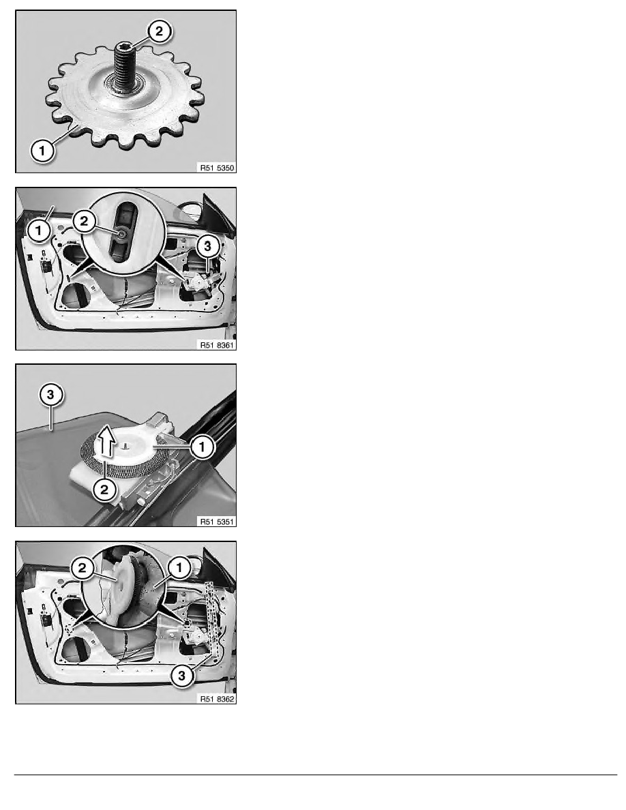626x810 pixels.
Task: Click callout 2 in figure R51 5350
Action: tap(159, 31)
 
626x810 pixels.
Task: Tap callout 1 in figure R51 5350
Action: tap(42, 151)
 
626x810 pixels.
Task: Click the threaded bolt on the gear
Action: tap(124, 66)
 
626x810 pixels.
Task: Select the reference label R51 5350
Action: tap(217, 168)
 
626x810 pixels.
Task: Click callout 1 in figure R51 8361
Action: tap(40, 231)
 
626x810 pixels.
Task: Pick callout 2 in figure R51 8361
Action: tap(84, 222)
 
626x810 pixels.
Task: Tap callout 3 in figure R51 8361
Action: tap(207, 246)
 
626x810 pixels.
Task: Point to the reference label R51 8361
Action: tap(217, 345)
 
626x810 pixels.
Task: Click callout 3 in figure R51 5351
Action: tap(50, 395)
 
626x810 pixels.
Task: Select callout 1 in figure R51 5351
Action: tap(202, 447)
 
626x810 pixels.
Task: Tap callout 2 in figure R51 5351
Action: tap(104, 489)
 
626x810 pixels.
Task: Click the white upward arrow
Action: tap(107, 440)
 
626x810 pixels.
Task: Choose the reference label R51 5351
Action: tap(217, 522)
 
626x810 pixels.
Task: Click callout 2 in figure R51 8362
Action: tap(83, 569)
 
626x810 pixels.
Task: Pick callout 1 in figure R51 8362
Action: tap(179, 568)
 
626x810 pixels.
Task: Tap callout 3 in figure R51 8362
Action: tap(182, 675)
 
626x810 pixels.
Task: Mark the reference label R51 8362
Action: tap(217, 699)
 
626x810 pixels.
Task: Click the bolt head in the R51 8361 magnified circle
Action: tap(122, 234)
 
